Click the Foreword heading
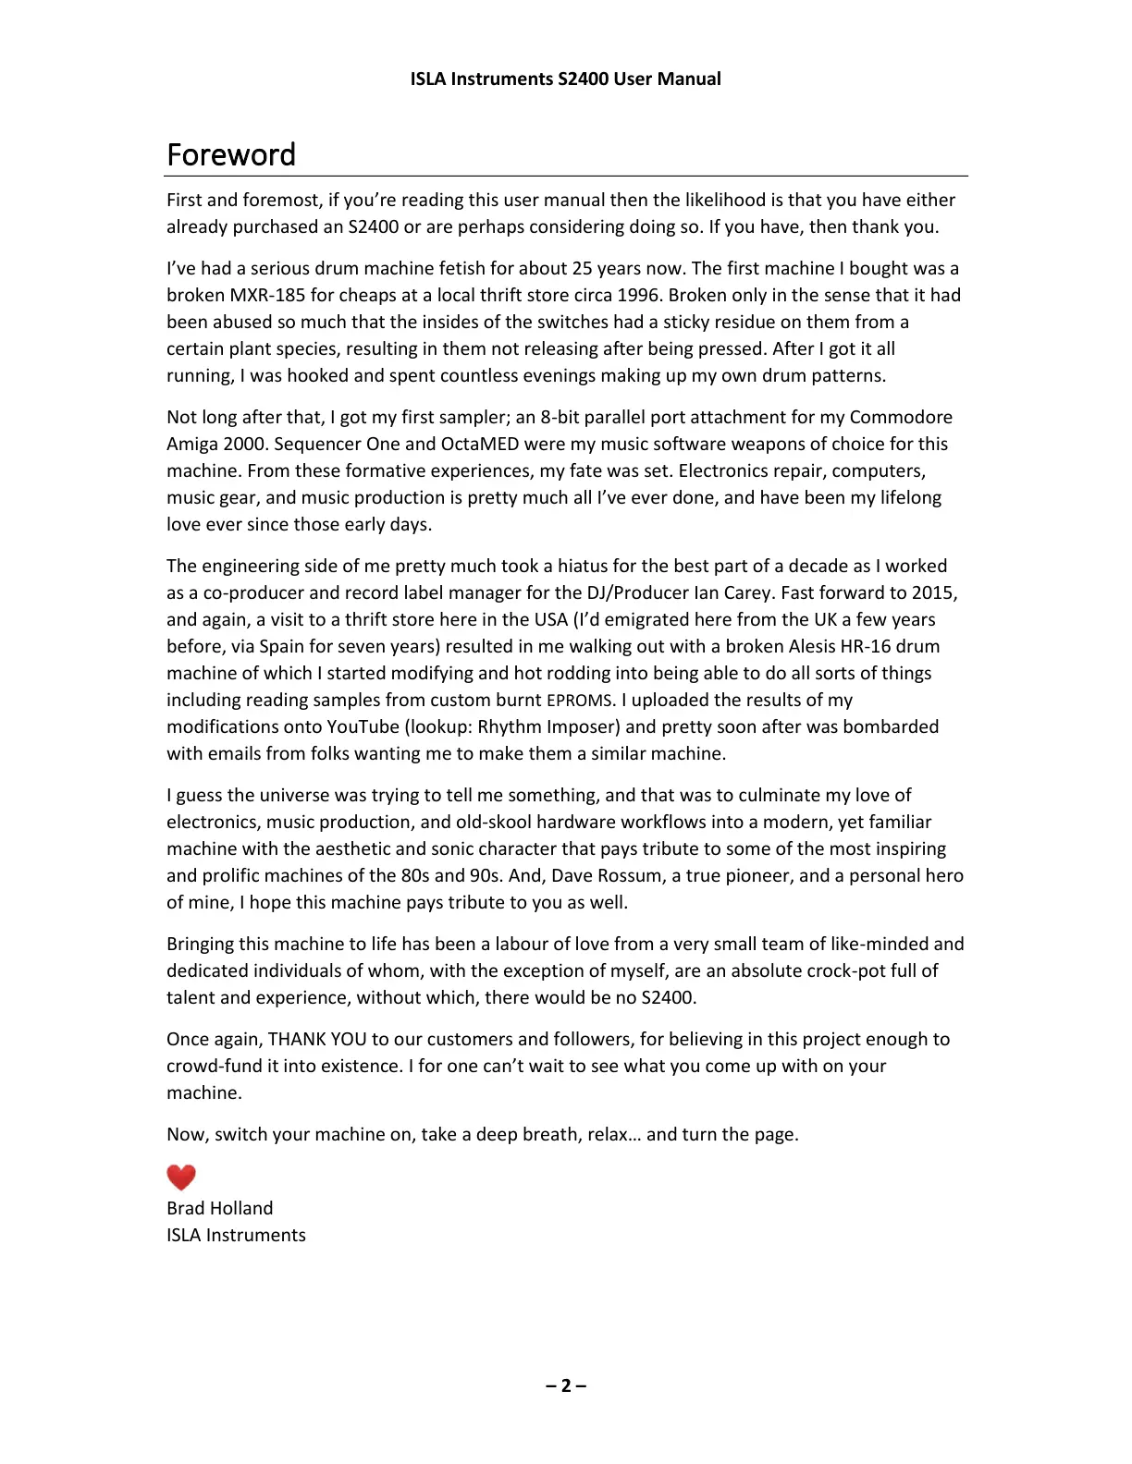pos(231,154)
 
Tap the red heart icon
pos(181,1177)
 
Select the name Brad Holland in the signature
pos(220,1208)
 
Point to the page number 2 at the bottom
pos(566,1385)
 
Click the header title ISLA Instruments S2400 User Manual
pos(565,79)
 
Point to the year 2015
pos(933,592)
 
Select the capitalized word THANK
pos(297,1039)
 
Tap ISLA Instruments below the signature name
pos(236,1235)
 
